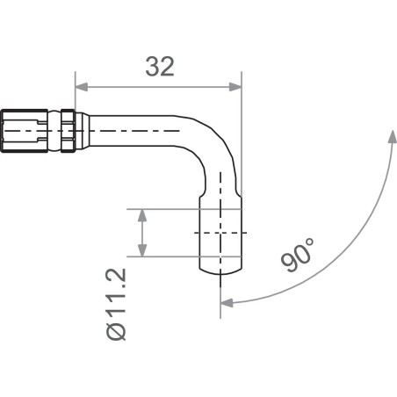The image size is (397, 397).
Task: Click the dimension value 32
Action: (158, 68)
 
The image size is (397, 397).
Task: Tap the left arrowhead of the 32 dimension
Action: (82, 86)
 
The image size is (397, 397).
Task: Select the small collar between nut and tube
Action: (66, 129)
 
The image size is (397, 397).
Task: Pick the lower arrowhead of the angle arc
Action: (227, 303)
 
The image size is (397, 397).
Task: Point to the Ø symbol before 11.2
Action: (118, 332)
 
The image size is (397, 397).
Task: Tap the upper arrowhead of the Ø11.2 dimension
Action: (141, 214)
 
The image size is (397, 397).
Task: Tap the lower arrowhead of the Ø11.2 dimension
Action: (141, 250)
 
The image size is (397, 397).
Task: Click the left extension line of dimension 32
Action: (76, 97)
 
